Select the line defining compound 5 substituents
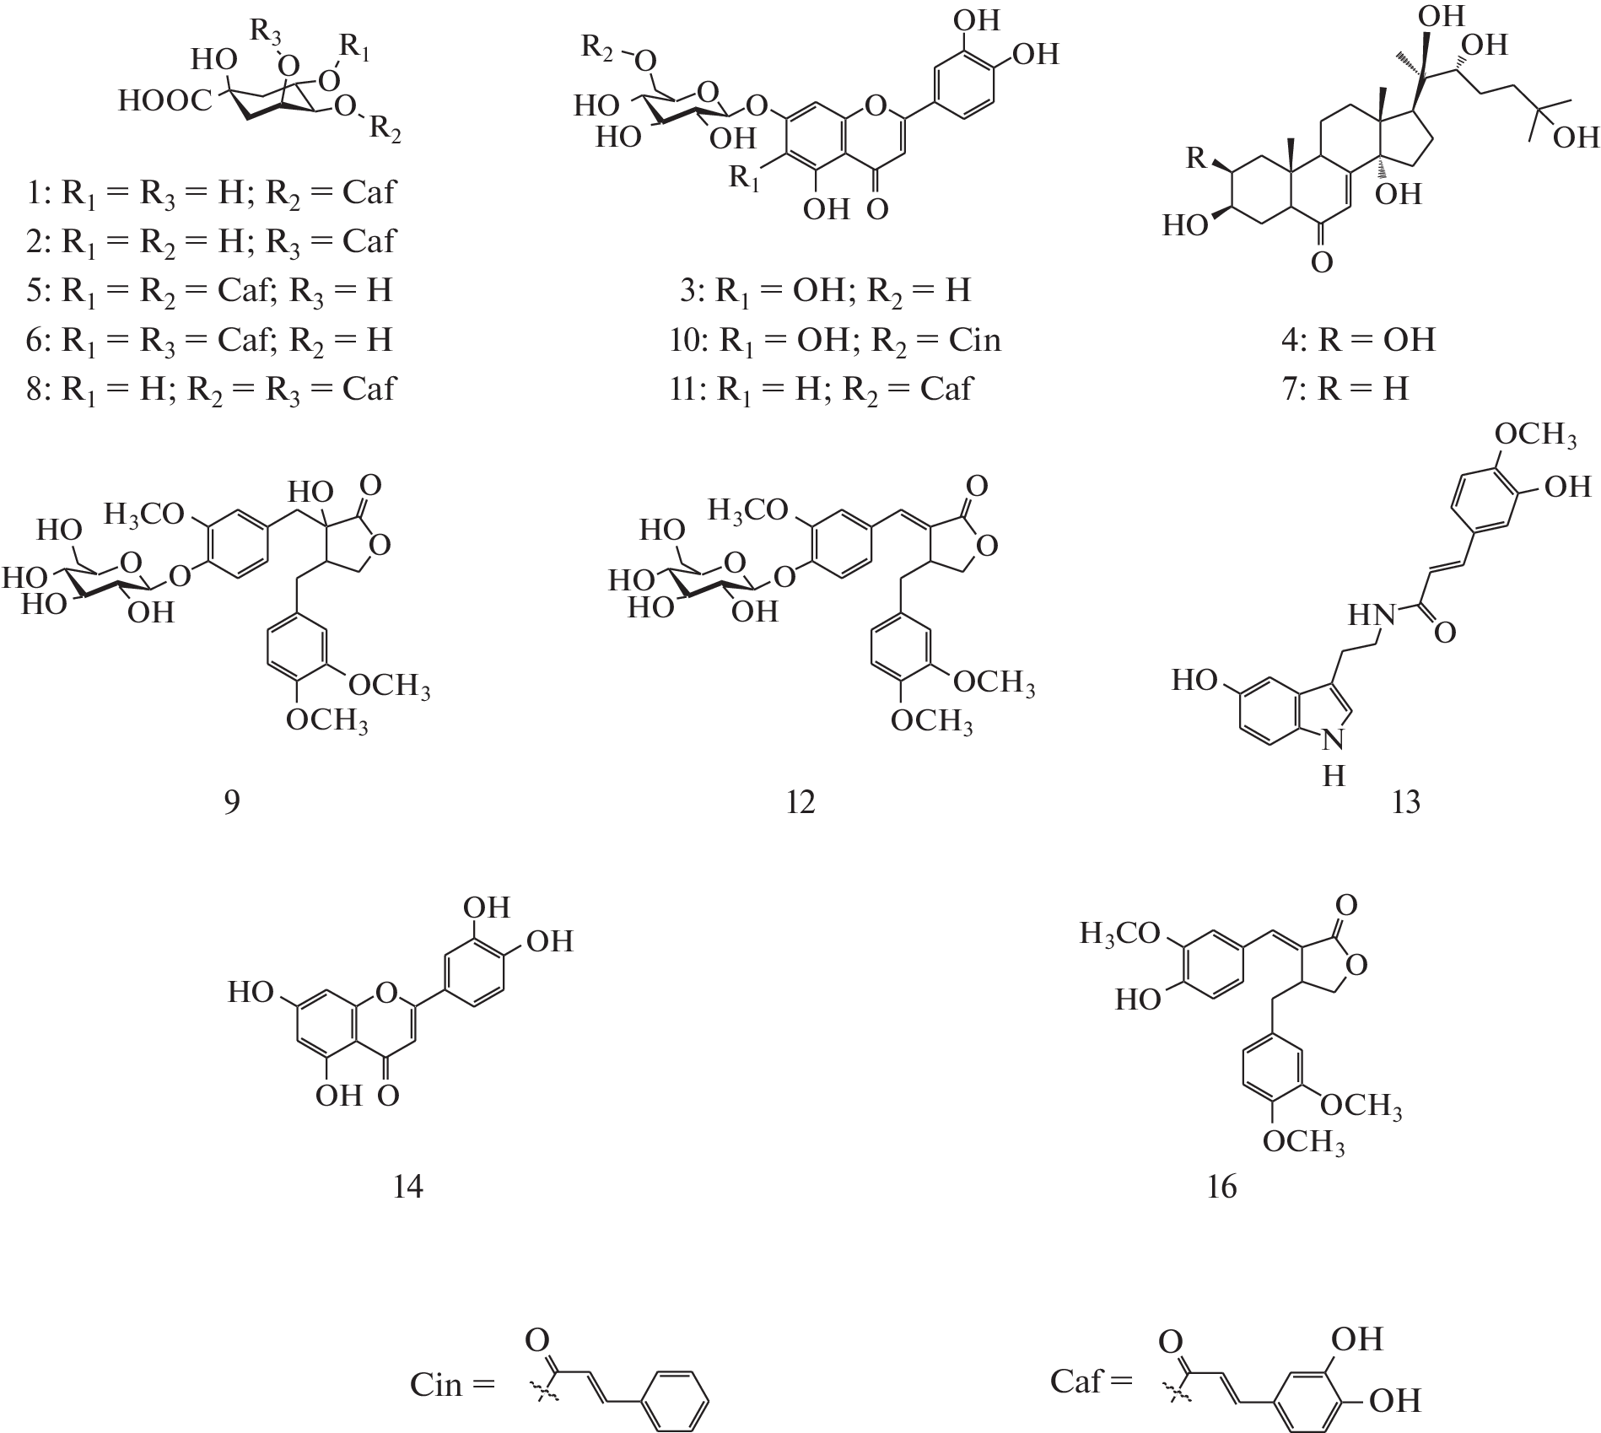click(210, 290)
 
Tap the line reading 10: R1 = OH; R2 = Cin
click(834, 340)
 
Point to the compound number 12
click(800, 801)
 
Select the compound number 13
click(1405, 801)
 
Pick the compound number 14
click(407, 1188)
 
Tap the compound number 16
click(1221, 1188)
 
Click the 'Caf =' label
click(1089, 1380)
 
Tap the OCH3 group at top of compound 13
click(1534, 435)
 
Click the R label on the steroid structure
click(1196, 157)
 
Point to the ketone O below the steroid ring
click(1322, 262)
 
